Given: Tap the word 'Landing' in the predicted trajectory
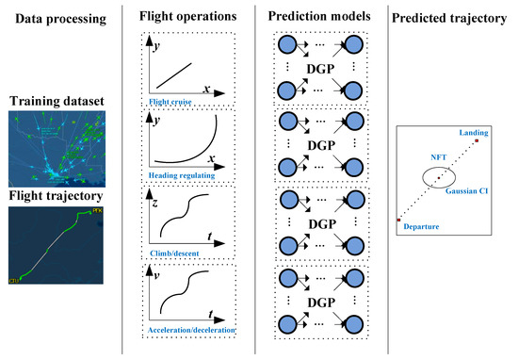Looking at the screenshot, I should (472, 134).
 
